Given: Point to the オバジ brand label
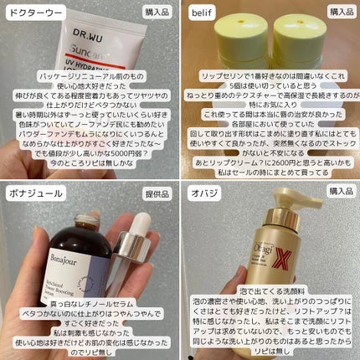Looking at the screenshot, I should pos(202,192).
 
